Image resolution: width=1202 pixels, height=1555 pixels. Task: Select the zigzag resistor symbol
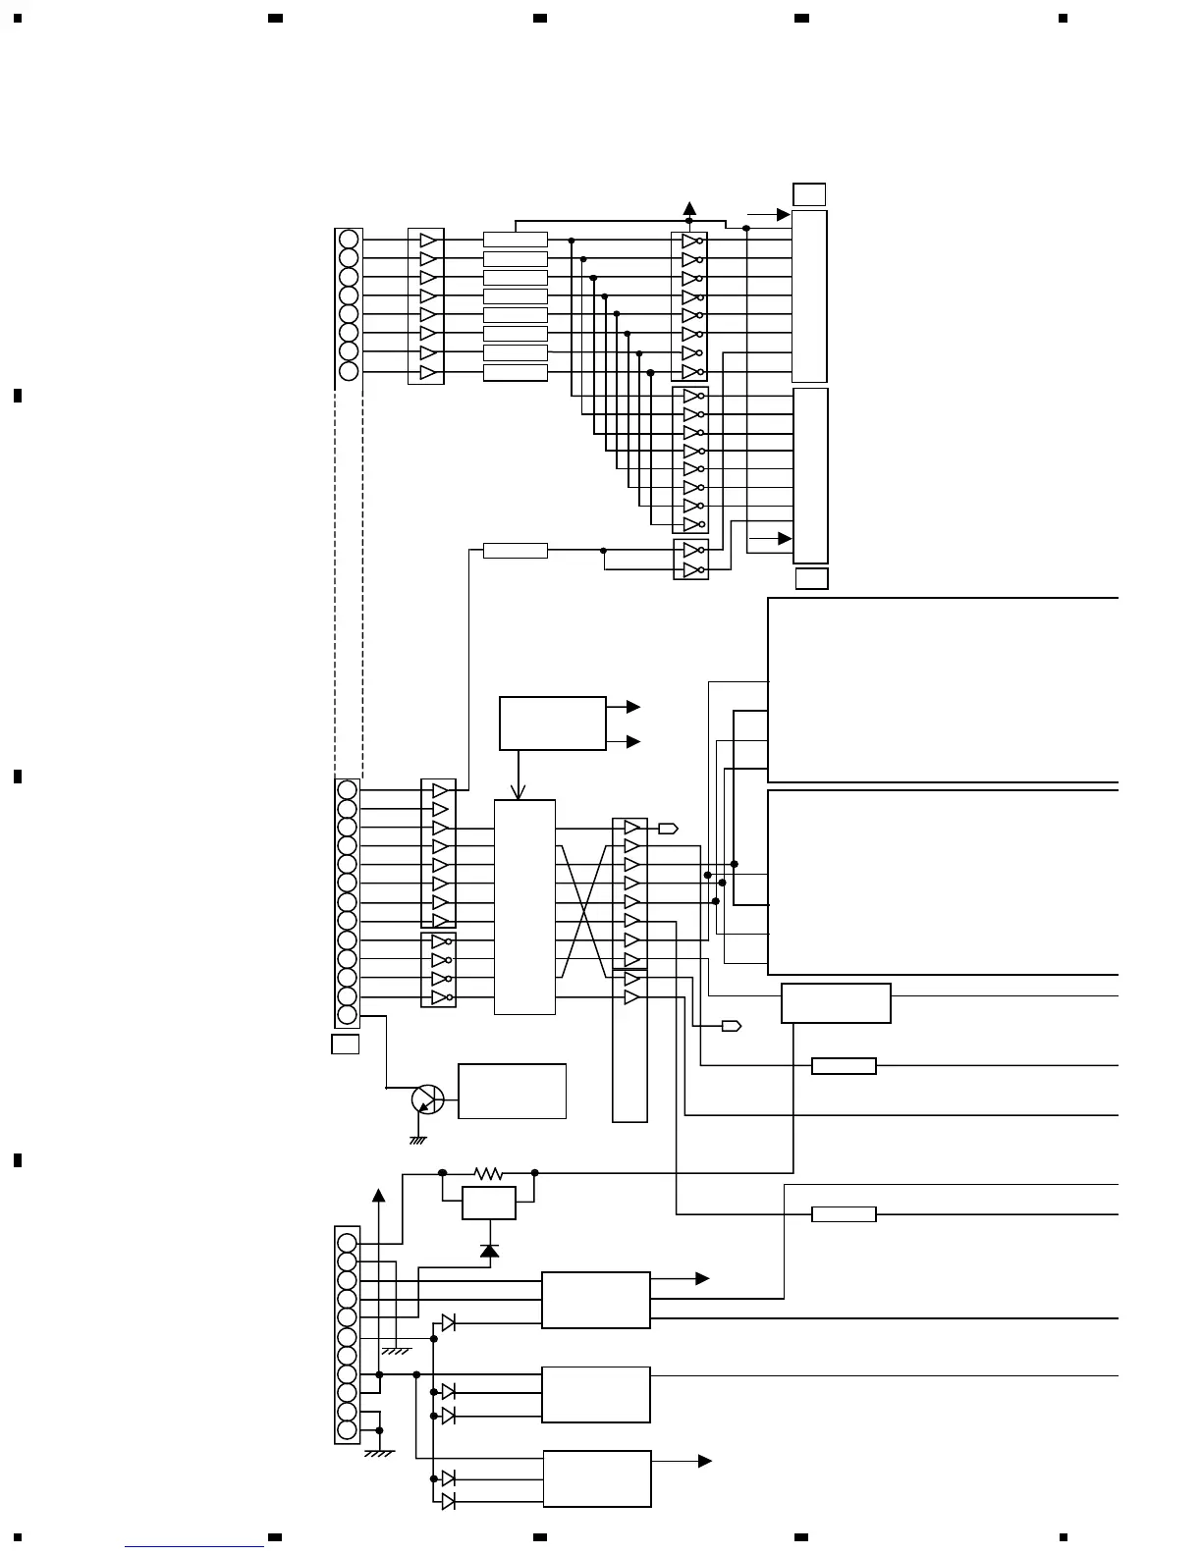(x=488, y=1173)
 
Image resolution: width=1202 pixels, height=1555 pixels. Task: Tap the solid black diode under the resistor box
(x=489, y=1250)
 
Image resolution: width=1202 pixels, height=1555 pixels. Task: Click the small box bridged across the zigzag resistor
(x=488, y=1203)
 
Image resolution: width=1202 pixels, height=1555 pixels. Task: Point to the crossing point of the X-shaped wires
(x=584, y=912)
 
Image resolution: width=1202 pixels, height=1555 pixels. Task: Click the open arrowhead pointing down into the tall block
(x=519, y=791)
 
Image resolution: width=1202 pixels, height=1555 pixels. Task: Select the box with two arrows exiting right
(x=552, y=724)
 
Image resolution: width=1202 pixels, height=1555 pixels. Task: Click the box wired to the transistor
(x=512, y=1091)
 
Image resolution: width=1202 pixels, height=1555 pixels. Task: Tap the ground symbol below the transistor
(x=417, y=1140)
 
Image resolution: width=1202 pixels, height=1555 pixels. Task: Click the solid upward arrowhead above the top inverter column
(x=689, y=208)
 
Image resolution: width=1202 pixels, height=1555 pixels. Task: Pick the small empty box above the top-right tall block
(x=809, y=194)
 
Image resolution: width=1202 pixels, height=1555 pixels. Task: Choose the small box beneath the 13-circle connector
(x=345, y=1044)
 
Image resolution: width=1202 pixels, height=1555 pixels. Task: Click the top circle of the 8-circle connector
(x=348, y=240)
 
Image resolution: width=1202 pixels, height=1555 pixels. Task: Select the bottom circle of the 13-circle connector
(x=347, y=1014)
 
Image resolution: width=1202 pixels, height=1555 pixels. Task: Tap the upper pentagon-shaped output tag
(x=668, y=829)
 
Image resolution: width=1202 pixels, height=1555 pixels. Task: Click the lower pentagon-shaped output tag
(x=731, y=1026)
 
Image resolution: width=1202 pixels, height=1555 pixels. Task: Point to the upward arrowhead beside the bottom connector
(x=378, y=1195)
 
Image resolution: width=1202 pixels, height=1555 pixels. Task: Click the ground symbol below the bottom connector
(x=379, y=1453)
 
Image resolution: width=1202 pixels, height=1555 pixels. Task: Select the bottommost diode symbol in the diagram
(x=448, y=1501)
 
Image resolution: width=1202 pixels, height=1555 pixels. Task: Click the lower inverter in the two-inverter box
(x=692, y=569)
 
